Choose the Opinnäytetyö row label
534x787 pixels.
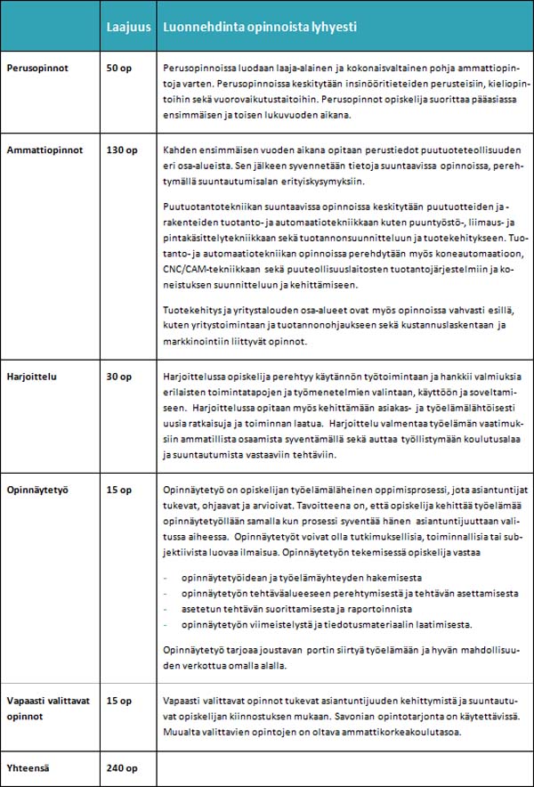[x=37, y=490]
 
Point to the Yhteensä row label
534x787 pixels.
[x=28, y=767]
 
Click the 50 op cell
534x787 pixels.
[x=118, y=69]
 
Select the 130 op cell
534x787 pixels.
[x=121, y=150]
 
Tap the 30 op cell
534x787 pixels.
[x=118, y=377]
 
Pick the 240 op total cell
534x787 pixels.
[x=121, y=767]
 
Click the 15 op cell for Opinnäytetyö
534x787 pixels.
[x=118, y=490]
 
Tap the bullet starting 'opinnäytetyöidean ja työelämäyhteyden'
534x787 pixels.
[x=303, y=576]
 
